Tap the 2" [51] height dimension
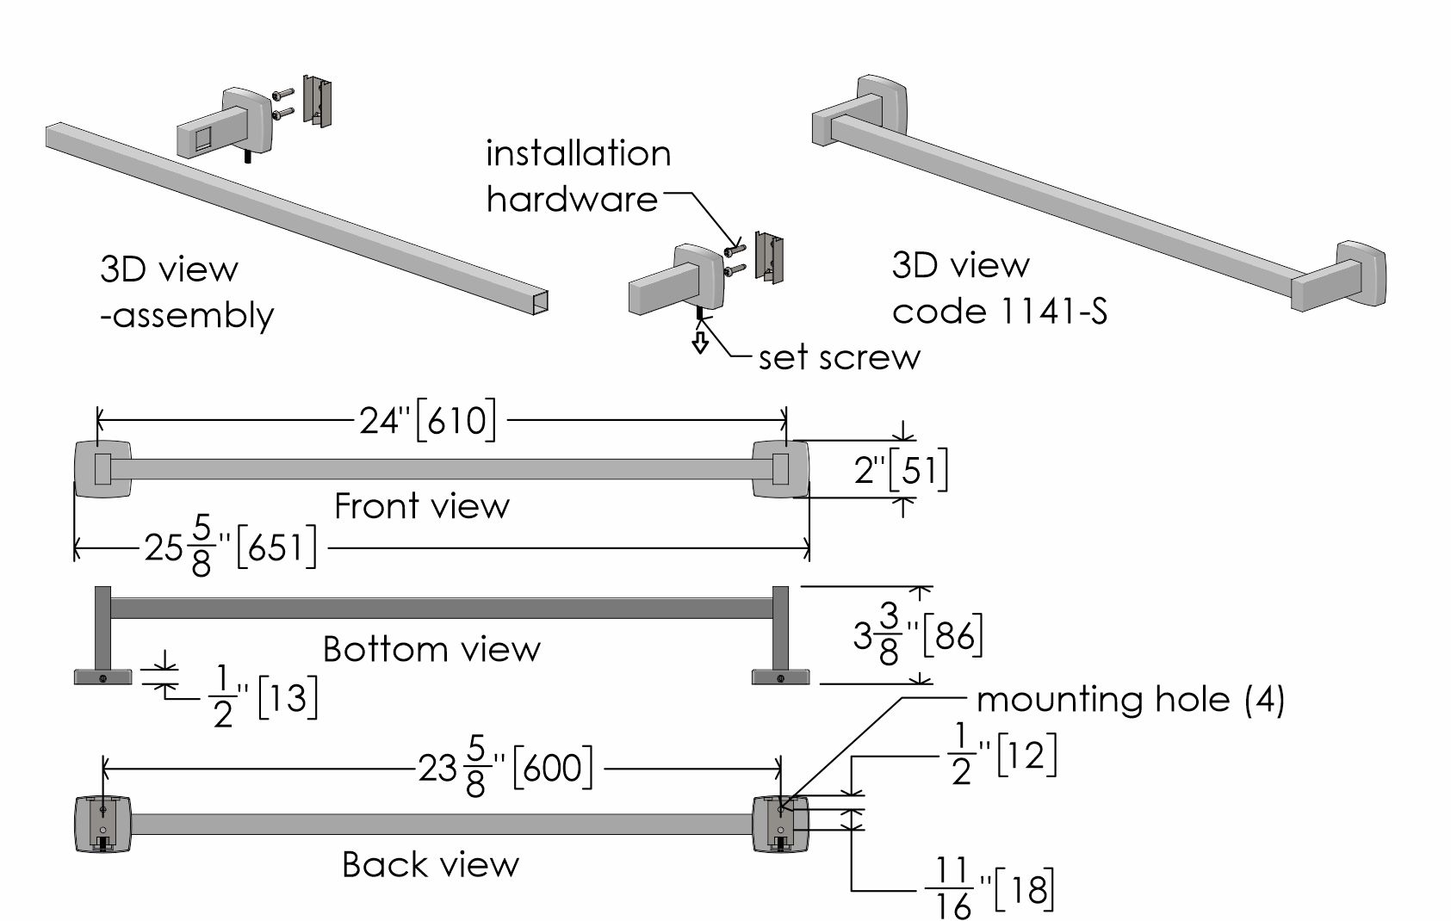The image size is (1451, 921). click(901, 471)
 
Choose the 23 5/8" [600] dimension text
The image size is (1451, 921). click(505, 768)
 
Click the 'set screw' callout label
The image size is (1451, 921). click(839, 357)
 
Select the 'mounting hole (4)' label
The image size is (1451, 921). click(1130, 699)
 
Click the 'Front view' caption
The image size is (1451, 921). click(421, 506)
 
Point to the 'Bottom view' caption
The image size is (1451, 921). click(431, 649)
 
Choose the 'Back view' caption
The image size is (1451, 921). click(431, 864)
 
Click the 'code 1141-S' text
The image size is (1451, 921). click(999, 310)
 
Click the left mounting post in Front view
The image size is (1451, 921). click(103, 468)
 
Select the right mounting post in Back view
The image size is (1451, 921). click(780, 825)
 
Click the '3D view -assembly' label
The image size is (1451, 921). click(185, 293)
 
